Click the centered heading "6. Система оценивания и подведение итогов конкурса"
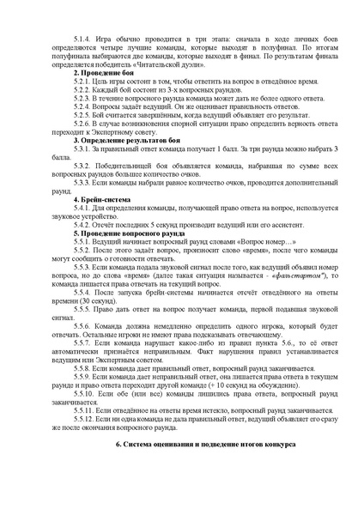click(206, 469)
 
